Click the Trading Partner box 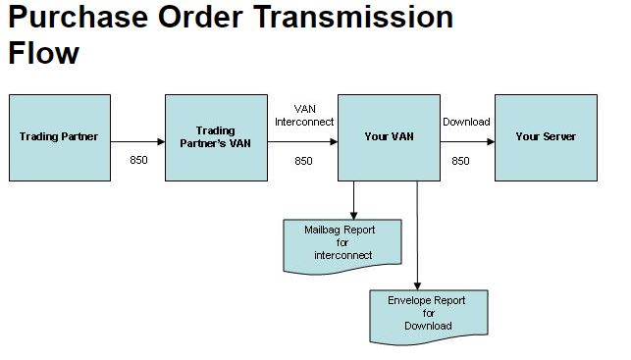point(59,137)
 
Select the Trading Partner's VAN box point(216,137)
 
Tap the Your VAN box point(389,137)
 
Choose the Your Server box point(546,137)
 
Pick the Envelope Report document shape point(428,314)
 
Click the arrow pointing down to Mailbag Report point(353,200)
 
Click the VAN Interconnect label point(304,115)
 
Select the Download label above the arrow point(466,122)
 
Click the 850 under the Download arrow point(460,160)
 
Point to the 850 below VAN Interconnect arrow point(303,160)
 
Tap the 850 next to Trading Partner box point(138,160)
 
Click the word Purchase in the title point(79,19)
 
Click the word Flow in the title point(43,53)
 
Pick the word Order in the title point(205,19)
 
